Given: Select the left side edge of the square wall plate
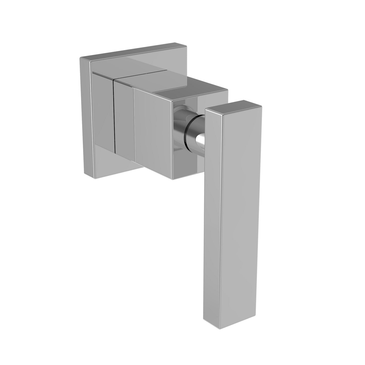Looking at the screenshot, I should [x=85, y=114].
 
